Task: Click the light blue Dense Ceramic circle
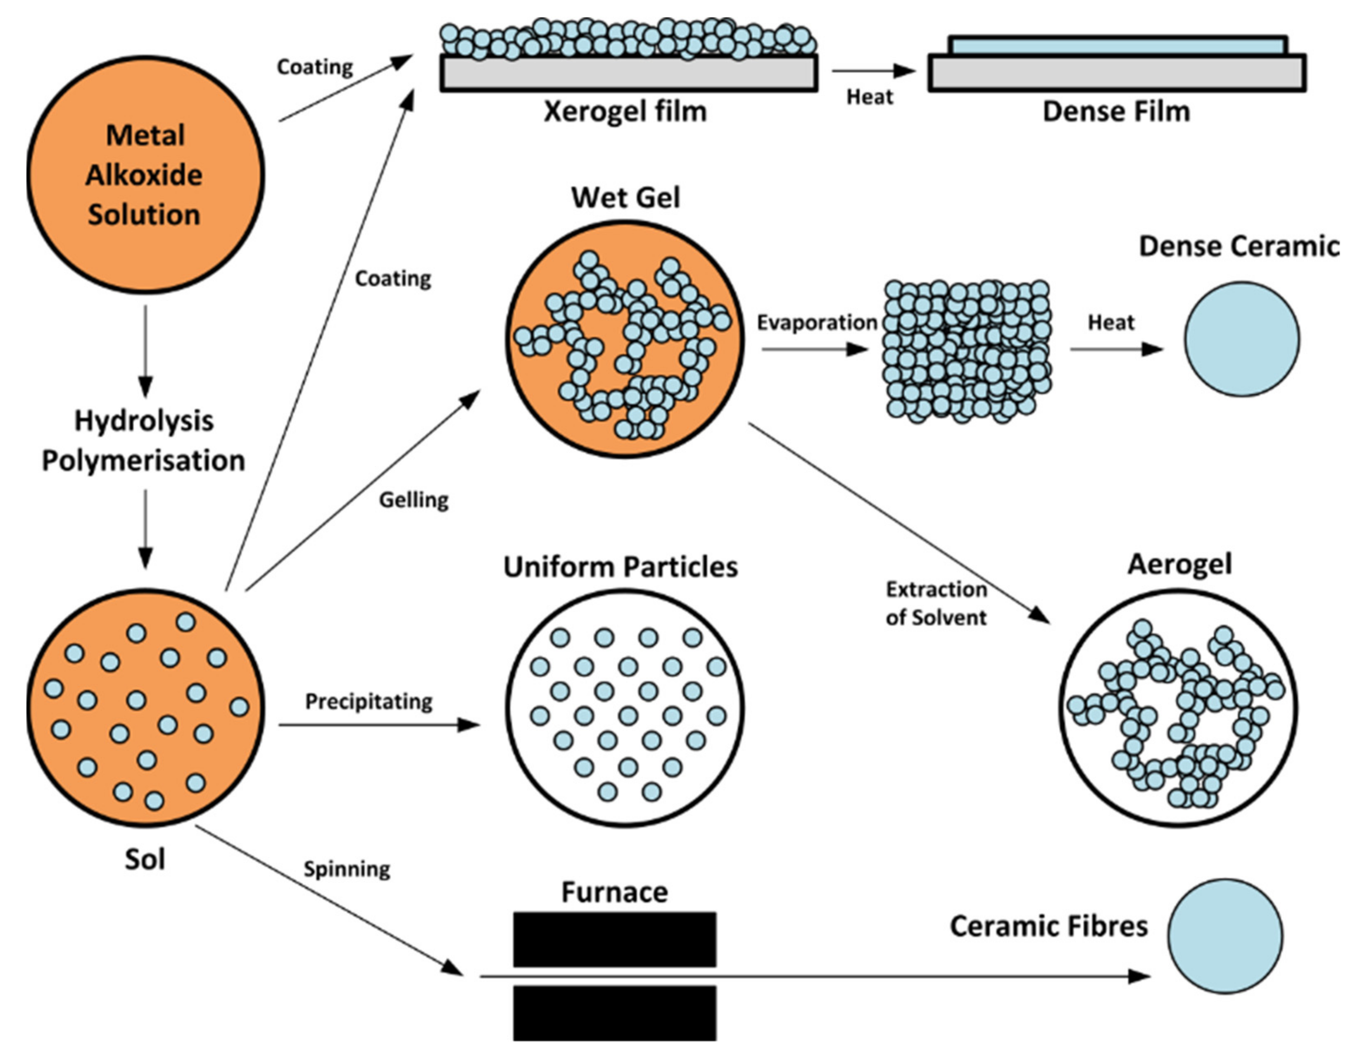click(1242, 339)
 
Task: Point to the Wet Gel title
click(625, 198)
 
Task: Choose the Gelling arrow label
click(414, 500)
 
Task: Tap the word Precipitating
click(369, 702)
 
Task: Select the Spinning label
click(347, 869)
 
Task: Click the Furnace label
click(615, 892)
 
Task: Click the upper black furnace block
click(615, 939)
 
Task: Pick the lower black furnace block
click(615, 1013)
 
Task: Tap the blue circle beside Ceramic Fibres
click(1225, 936)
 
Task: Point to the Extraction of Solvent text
click(937, 603)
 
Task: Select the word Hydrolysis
click(144, 421)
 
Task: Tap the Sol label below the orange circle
click(145, 860)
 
